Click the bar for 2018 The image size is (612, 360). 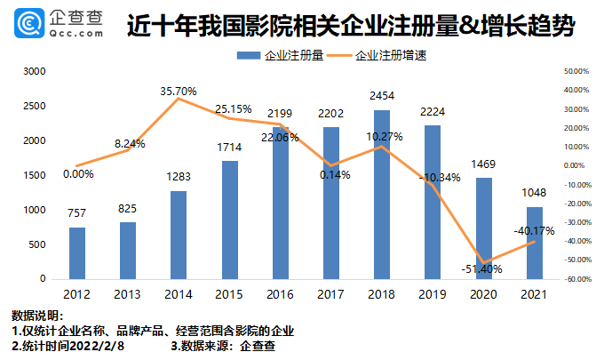coord(381,195)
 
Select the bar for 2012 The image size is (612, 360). coord(77,253)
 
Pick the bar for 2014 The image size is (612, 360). coord(179,235)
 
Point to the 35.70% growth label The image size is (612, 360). coord(179,91)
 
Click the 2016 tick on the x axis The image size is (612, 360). coord(280,292)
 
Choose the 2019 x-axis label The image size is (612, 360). coord(432,292)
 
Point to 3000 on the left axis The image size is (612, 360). coord(35,71)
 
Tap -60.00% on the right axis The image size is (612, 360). coord(576,279)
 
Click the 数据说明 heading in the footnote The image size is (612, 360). coord(37,316)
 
